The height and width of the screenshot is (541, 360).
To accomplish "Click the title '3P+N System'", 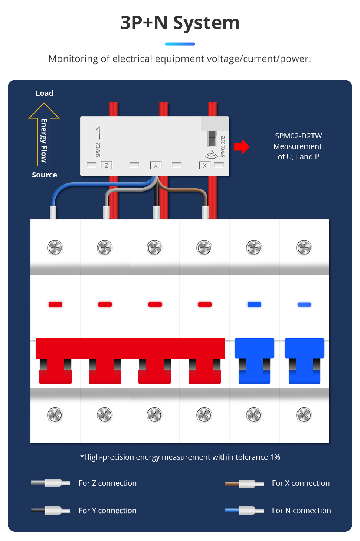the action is pyautogui.click(x=180, y=23).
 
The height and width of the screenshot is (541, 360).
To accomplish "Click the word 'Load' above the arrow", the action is pyautogui.click(x=45, y=93).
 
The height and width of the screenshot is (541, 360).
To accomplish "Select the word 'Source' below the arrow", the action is pyautogui.click(x=45, y=175).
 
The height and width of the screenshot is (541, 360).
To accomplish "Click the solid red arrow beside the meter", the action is pyautogui.click(x=242, y=147).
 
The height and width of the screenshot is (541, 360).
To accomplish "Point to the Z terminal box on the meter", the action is pyautogui.click(x=107, y=165).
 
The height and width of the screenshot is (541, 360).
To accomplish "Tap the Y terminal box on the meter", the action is pyautogui.click(x=156, y=165).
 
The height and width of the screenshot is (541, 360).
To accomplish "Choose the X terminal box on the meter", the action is pyautogui.click(x=205, y=166).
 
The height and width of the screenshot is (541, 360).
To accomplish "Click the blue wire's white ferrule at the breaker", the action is pyautogui.click(x=53, y=213).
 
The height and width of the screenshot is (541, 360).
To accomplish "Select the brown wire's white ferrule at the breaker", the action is pyautogui.click(x=205, y=213).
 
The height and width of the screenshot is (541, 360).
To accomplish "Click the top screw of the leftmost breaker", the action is pyautogui.click(x=55, y=248).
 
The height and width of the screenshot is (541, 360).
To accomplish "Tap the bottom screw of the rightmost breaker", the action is pyautogui.click(x=304, y=415).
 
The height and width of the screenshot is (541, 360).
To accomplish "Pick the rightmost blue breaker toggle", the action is pyautogui.click(x=304, y=361).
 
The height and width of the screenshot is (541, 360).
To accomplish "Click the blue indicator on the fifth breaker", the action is pyautogui.click(x=254, y=304).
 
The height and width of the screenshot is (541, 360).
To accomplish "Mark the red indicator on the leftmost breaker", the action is pyautogui.click(x=55, y=304).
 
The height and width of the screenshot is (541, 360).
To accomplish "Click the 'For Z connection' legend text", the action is pyautogui.click(x=108, y=483).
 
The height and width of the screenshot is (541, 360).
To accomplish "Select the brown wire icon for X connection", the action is pyautogui.click(x=244, y=483).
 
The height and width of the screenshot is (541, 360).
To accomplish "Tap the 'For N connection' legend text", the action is pyautogui.click(x=301, y=511).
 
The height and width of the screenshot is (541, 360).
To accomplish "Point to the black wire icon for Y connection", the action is pyautogui.click(x=50, y=511).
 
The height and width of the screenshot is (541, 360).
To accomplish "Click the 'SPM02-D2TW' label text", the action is pyautogui.click(x=298, y=136).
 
